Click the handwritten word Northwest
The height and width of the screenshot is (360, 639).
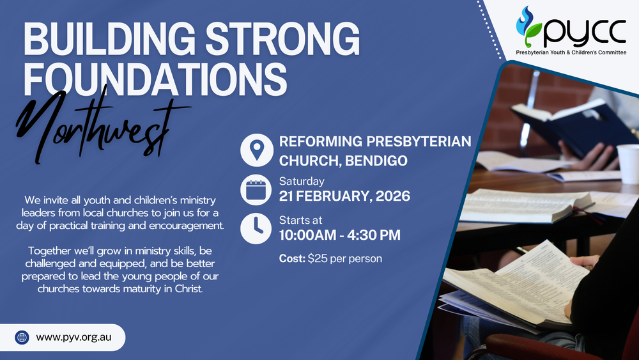point(96,125)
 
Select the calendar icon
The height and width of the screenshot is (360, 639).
point(256,189)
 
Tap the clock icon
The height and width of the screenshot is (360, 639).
point(256,228)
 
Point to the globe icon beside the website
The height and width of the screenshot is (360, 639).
point(22,337)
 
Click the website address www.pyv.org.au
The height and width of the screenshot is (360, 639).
point(74,337)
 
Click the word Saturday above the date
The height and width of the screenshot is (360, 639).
point(302,181)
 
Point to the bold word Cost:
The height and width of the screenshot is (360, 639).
point(292,259)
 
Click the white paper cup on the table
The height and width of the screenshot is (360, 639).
point(628,164)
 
